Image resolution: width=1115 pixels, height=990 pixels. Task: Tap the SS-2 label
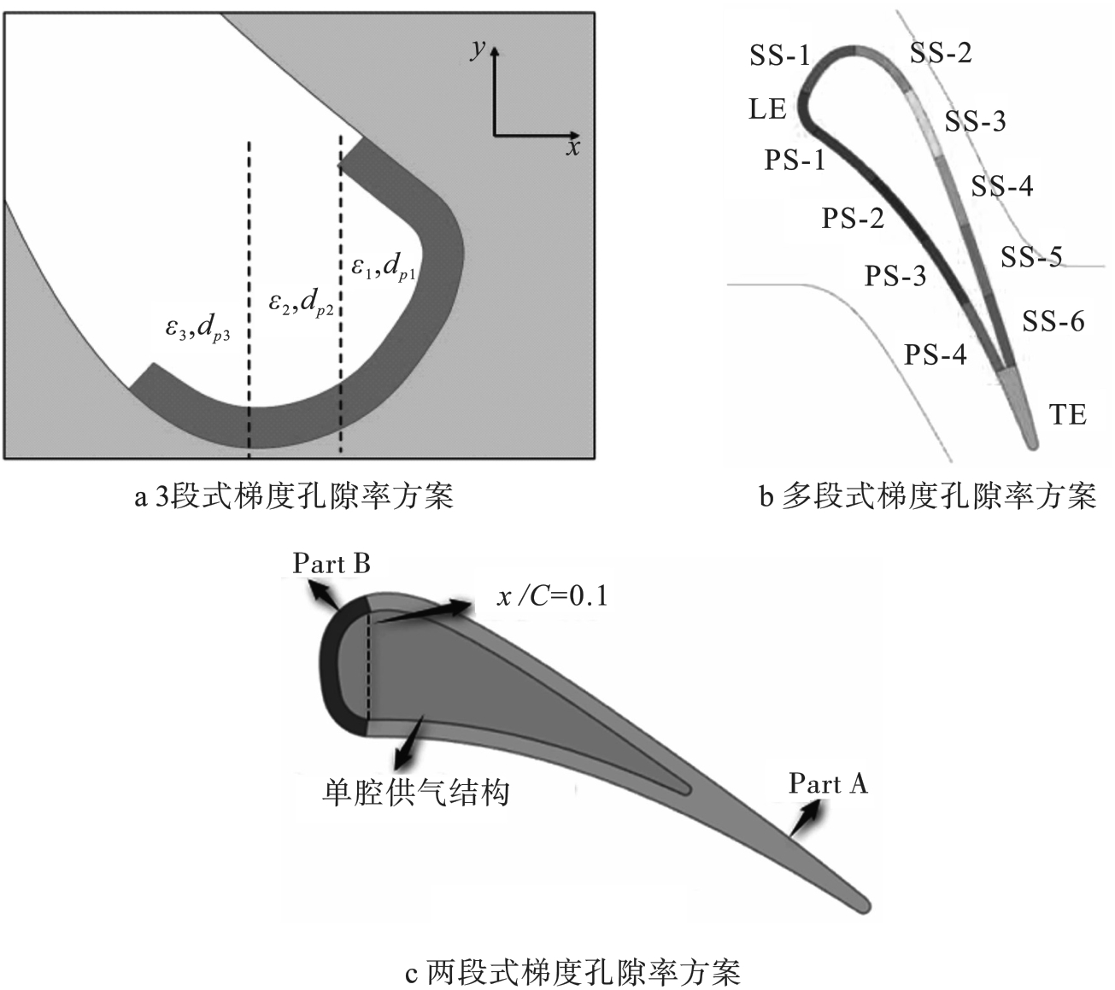(x=940, y=53)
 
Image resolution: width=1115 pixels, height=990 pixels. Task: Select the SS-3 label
(x=975, y=121)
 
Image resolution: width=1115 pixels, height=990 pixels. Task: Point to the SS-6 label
(x=1053, y=321)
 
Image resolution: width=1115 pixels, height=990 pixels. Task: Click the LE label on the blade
(x=767, y=109)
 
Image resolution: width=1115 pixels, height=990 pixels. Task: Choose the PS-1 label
(x=795, y=160)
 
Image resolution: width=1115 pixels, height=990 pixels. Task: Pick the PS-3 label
(x=895, y=277)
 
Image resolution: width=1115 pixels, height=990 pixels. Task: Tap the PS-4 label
(x=936, y=354)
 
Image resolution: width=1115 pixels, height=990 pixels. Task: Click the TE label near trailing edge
(x=1067, y=415)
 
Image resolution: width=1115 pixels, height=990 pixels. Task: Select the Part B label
(x=332, y=564)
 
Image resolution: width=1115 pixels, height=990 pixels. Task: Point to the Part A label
(x=827, y=783)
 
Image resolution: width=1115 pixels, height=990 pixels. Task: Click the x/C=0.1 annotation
(x=552, y=596)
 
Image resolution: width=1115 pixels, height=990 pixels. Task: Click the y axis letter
(x=478, y=49)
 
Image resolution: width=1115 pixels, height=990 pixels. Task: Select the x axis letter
(x=572, y=148)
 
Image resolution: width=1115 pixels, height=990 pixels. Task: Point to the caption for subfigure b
(x=927, y=496)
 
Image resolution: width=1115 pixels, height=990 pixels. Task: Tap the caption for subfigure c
(x=572, y=972)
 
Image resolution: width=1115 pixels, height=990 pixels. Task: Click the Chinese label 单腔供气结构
(x=415, y=792)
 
